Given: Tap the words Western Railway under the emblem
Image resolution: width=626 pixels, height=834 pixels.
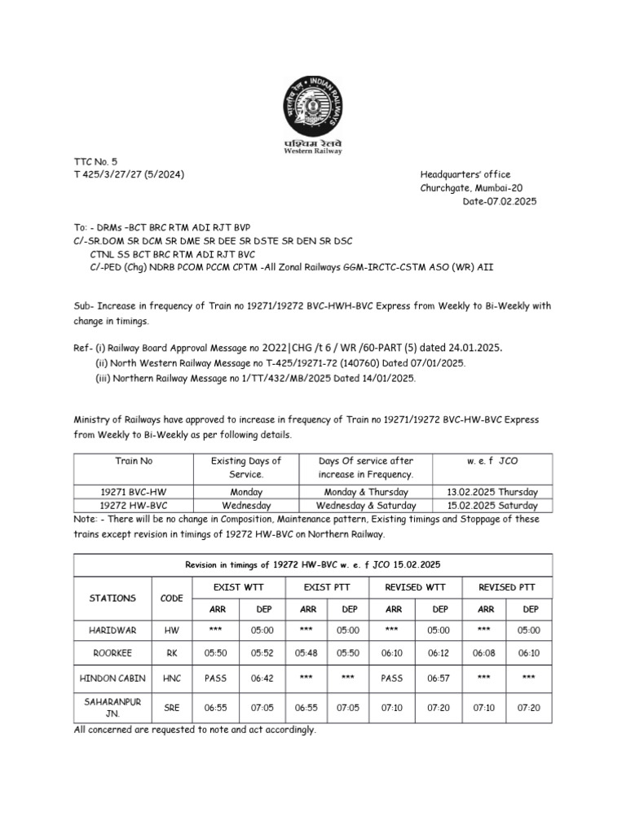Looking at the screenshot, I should (312, 151).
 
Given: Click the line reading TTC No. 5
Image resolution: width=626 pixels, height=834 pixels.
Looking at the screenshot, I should (95, 162).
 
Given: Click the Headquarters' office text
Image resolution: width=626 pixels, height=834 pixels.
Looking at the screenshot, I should (465, 175).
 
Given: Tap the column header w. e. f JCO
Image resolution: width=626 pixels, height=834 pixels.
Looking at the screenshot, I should (492, 461).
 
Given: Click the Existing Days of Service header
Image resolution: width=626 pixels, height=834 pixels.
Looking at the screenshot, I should (246, 467).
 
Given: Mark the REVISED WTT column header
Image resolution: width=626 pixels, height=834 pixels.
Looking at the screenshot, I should (417, 587).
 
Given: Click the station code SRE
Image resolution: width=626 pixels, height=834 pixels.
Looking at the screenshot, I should (172, 709).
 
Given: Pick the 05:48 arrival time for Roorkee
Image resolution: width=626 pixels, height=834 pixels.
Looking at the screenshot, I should (308, 653).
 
